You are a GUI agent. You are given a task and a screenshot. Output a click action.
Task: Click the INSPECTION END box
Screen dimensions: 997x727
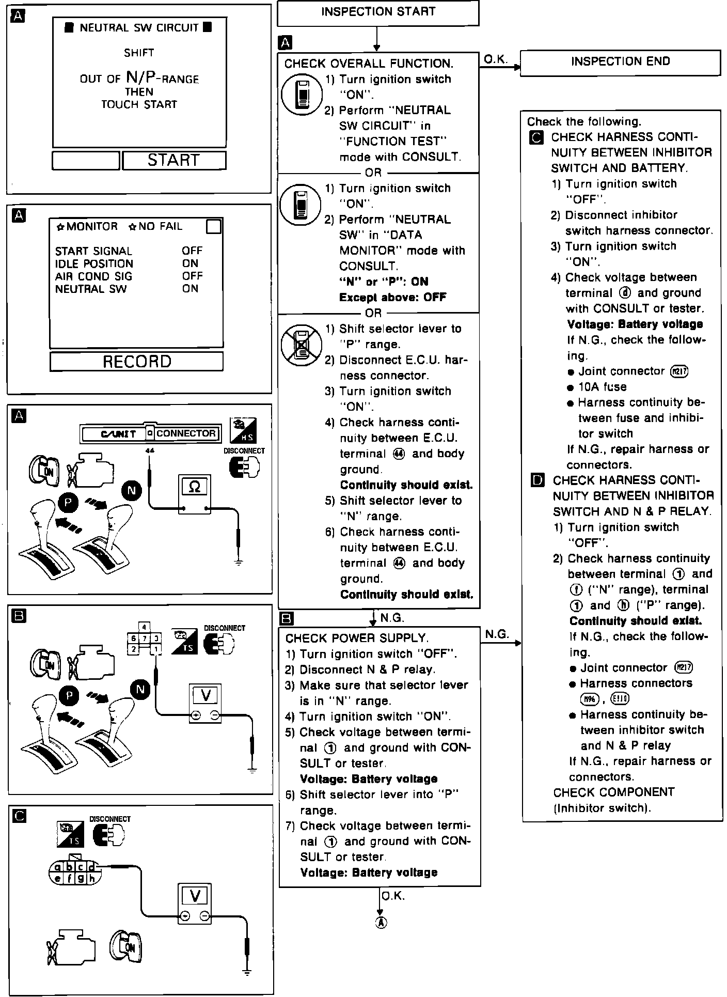pos(620,63)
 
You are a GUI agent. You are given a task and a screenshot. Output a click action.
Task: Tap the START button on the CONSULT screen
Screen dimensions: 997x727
pos(174,160)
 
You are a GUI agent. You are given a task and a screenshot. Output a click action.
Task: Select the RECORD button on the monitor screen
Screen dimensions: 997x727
pos(137,362)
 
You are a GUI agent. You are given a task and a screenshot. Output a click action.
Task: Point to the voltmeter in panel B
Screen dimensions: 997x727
pos(206,702)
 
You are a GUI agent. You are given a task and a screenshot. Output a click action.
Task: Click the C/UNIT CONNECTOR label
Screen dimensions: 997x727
pos(150,434)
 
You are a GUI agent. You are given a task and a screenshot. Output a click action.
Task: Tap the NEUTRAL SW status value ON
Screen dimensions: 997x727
pos(190,289)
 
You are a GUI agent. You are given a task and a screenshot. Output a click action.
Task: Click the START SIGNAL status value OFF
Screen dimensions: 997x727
pos(192,251)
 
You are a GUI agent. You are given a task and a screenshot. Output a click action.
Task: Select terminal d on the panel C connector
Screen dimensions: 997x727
pos(91,868)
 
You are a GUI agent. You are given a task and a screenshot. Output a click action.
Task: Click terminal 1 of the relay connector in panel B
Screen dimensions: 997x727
pos(156,648)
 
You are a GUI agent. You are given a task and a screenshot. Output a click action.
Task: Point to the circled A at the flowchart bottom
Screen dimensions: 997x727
pos(381,923)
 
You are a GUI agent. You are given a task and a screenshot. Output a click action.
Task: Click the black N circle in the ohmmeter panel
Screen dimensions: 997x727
pos(131,490)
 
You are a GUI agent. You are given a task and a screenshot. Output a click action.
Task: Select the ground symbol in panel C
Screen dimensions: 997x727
pos(247,973)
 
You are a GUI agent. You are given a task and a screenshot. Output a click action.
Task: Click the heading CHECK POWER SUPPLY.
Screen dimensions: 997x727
pos(357,638)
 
